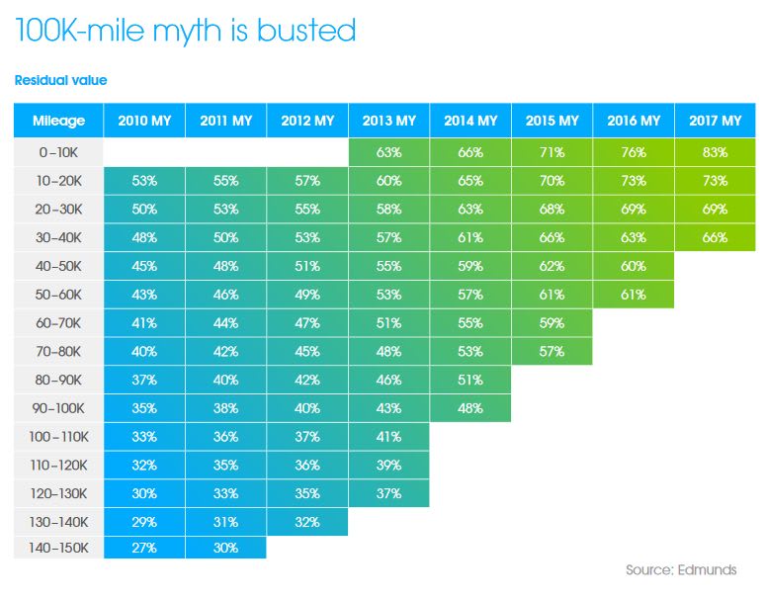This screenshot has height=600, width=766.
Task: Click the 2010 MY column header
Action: coord(144,122)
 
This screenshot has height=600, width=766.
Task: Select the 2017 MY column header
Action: coord(715,122)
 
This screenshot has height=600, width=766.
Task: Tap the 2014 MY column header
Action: coord(470,122)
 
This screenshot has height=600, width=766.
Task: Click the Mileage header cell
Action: coord(58,122)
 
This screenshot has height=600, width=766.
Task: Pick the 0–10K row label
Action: coord(58,153)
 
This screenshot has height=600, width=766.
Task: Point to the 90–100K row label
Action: coord(58,408)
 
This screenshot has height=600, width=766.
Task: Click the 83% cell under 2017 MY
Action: coord(715,153)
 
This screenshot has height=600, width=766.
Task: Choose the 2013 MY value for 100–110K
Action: coord(388,437)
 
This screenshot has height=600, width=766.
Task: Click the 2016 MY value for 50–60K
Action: coord(634,295)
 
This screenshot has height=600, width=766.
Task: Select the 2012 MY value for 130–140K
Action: coord(307,521)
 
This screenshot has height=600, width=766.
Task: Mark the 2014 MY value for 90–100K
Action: coord(470,408)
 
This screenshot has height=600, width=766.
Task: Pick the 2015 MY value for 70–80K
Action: coord(552,351)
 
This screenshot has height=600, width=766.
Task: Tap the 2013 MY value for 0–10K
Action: coord(388,153)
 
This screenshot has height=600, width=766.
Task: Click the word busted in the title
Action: coord(305,31)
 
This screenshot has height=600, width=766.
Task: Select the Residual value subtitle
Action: coord(60,80)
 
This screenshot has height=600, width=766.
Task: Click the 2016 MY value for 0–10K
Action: coord(634,153)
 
